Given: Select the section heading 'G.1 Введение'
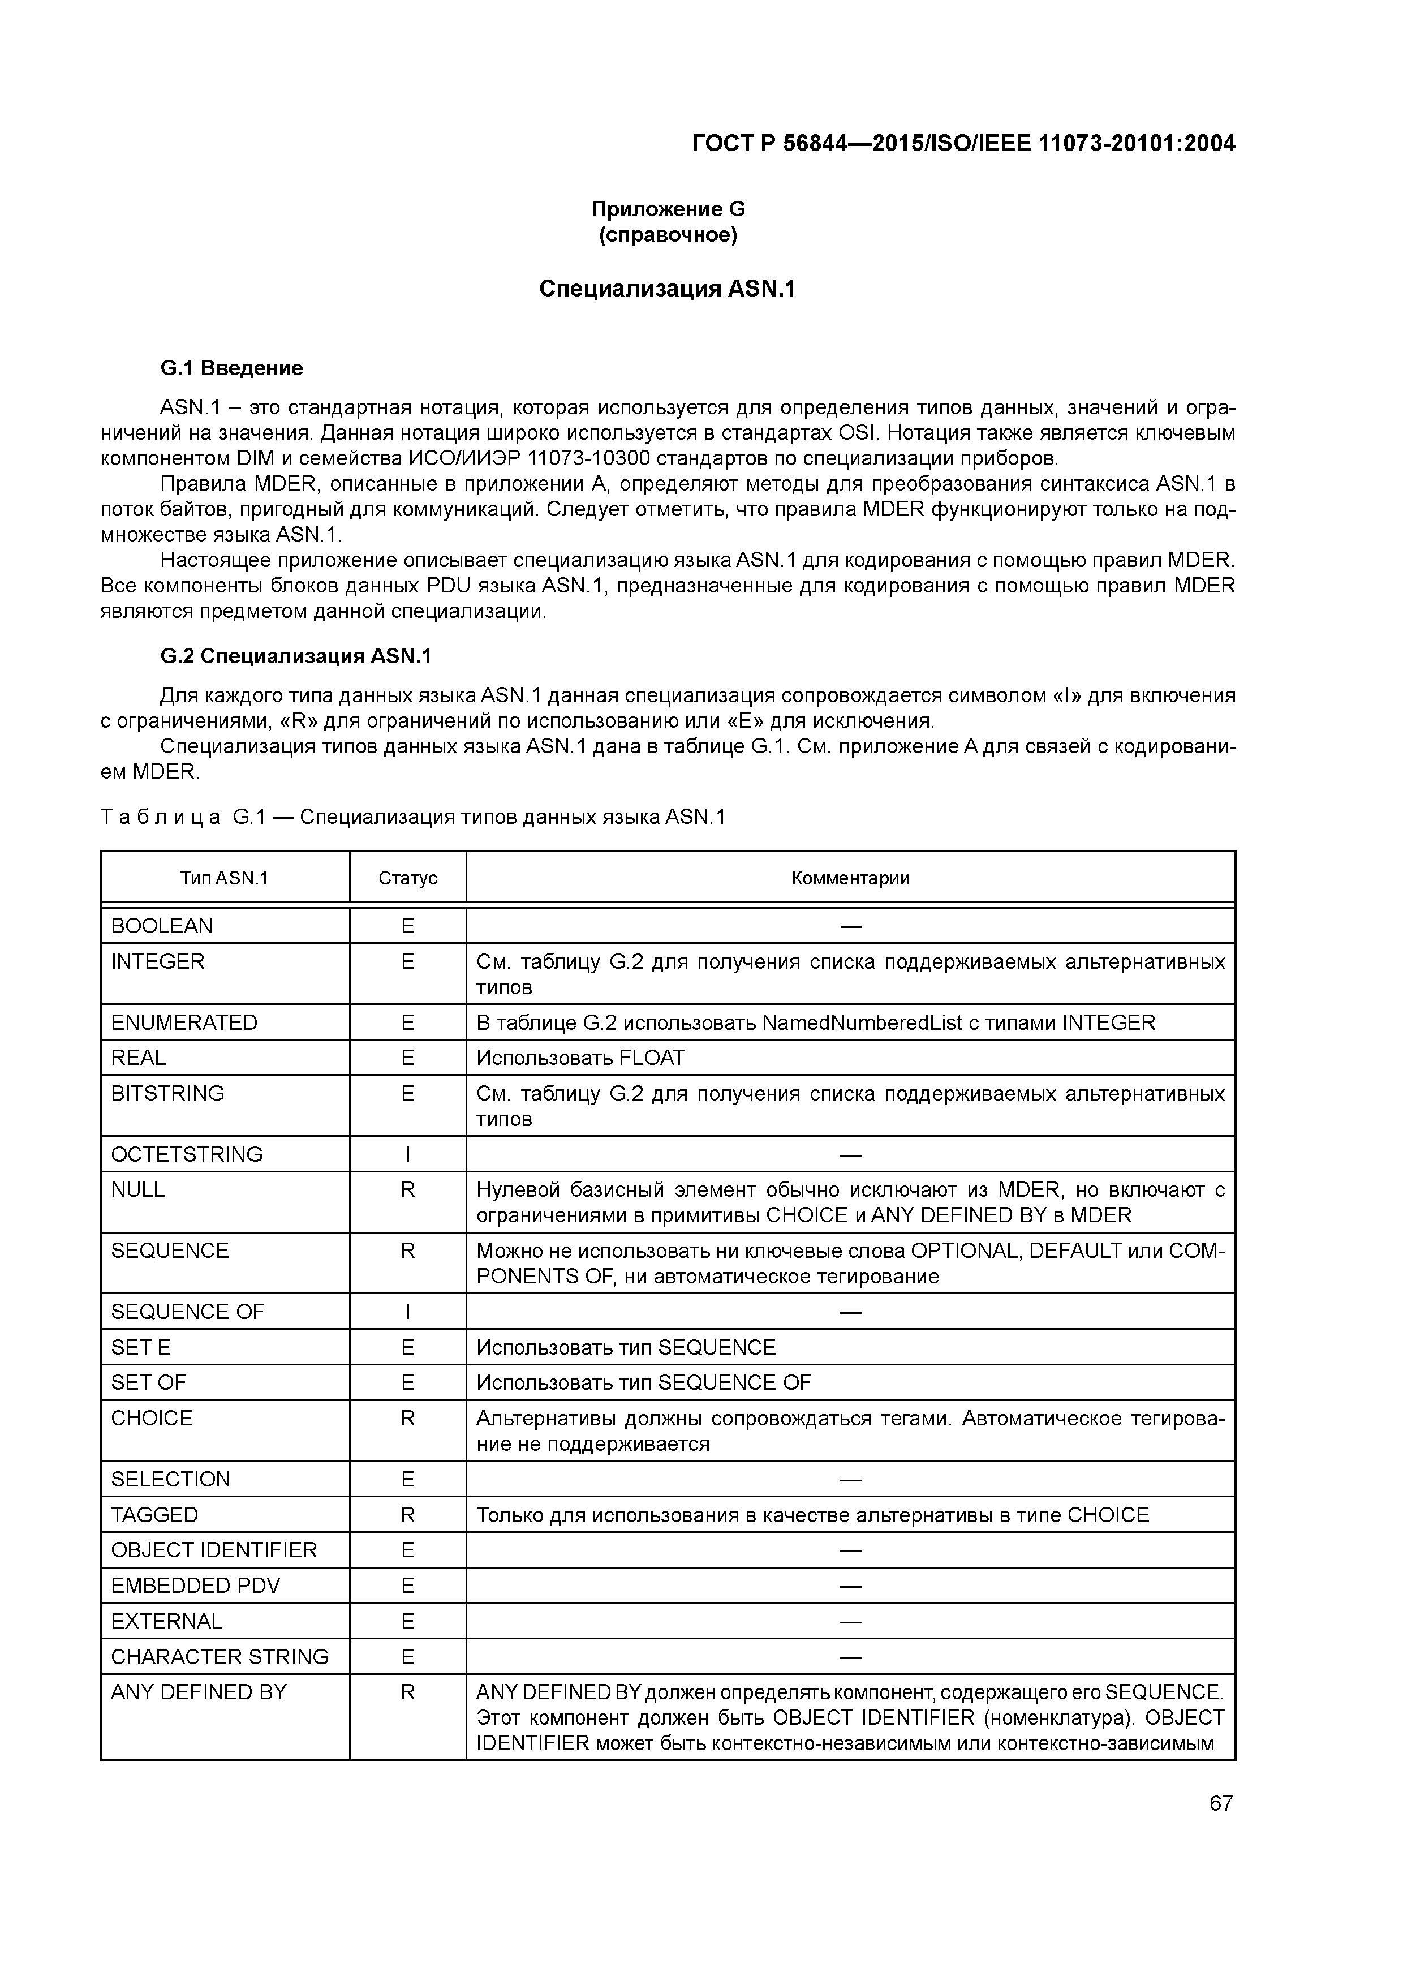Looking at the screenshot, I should pos(232,368).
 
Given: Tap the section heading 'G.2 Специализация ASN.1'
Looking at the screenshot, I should pos(296,656).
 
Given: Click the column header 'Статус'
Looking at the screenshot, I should pos(408,878).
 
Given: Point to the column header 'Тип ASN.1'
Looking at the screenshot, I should pos(225,878).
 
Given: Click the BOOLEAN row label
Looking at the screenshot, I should pos(162,926).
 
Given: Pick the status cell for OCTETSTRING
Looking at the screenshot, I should pos(408,1154).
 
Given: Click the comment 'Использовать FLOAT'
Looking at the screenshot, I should pos(580,1058).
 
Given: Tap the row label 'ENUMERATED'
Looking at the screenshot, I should pos(184,1022).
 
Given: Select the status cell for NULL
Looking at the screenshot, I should pos(408,1189).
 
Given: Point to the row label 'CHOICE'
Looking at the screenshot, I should pos(152,1418).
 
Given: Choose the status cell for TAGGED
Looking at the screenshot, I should pos(408,1515).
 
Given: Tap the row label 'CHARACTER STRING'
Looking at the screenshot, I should pos(220,1656).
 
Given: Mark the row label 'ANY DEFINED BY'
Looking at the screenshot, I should pos(198,1692).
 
